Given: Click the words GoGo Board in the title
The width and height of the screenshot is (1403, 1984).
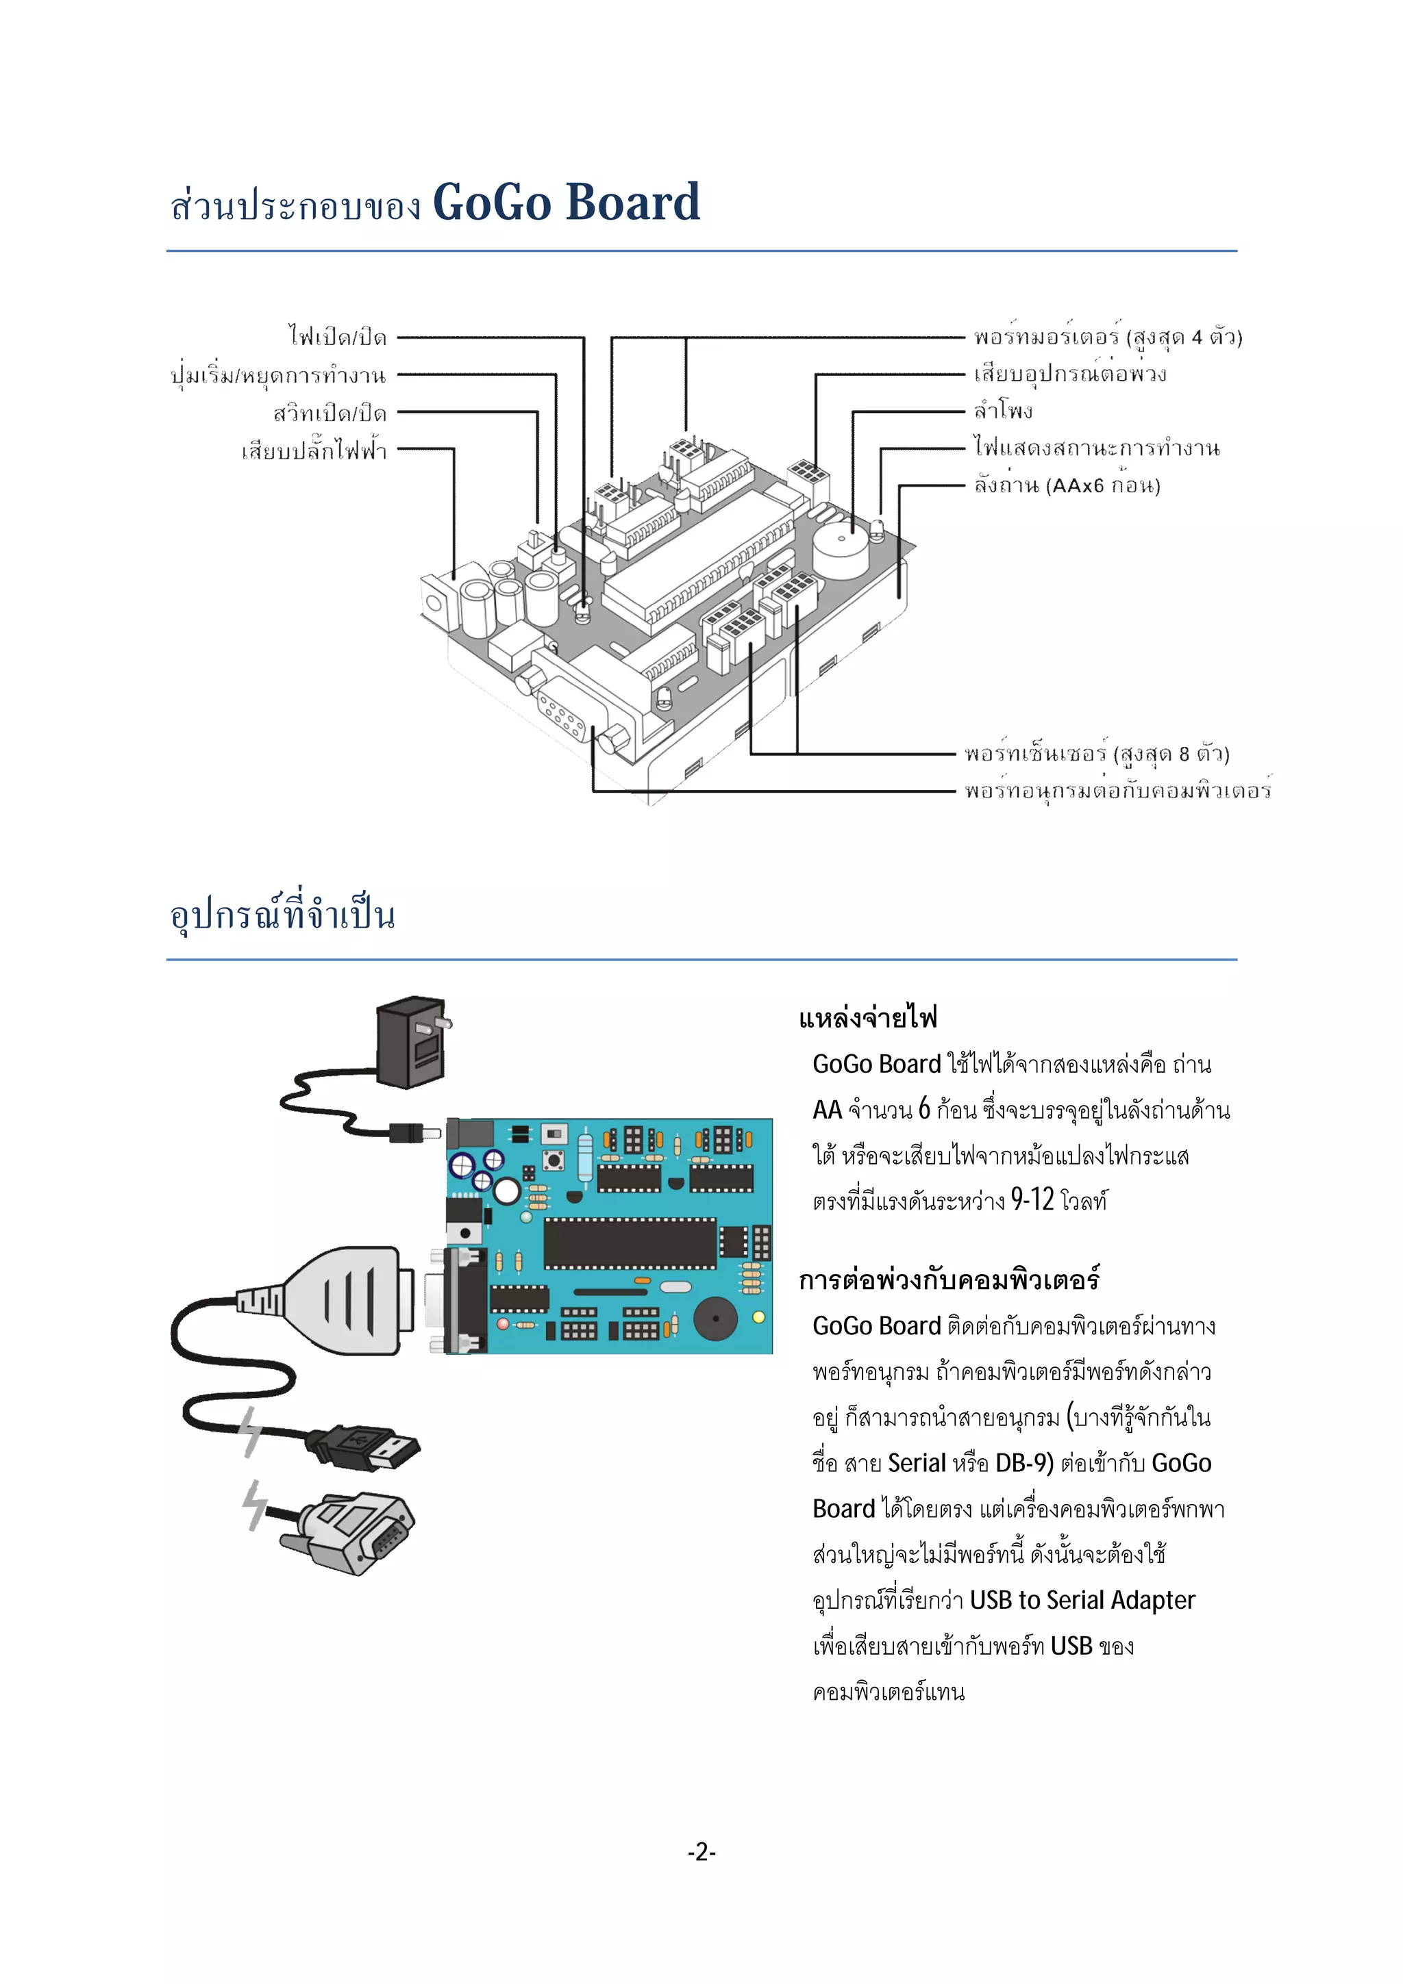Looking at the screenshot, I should pyautogui.click(x=567, y=203).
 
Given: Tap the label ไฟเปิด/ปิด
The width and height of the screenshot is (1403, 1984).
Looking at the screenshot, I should pyautogui.click(x=338, y=337).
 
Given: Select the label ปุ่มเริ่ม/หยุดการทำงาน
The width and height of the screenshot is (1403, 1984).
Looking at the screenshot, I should pyautogui.click(x=278, y=376).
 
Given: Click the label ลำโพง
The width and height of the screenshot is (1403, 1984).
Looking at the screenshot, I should pyautogui.click(x=1004, y=411).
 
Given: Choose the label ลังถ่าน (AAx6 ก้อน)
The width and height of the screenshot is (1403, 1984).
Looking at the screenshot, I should pyautogui.click(x=1067, y=485).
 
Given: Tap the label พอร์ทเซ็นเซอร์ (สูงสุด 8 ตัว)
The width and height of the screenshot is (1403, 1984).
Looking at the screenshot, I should pyautogui.click(x=1097, y=754).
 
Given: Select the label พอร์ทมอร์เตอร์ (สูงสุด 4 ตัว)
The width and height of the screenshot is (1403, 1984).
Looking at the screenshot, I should pyautogui.click(x=1107, y=337).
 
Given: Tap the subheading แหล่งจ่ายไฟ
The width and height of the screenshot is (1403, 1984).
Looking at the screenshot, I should pyautogui.click(x=868, y=1018).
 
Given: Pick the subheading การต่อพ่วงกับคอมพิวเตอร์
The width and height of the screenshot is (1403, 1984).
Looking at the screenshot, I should pyautogui.click(x=948, y=1280).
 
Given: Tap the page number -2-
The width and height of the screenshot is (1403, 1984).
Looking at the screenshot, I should pyautogui.click(x=701, y=1851).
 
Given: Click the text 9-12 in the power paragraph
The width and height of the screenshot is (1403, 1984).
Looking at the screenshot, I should pyautogui.click(x=1032, y=1199).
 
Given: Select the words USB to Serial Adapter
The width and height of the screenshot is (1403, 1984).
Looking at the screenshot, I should pyautogui.click(x=1082, y=1601).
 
